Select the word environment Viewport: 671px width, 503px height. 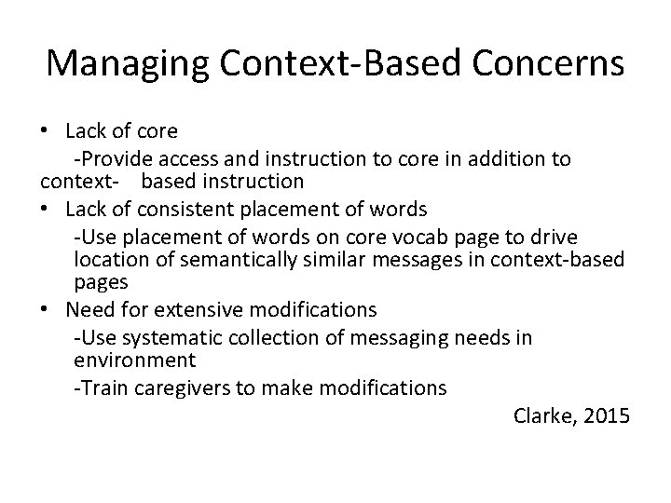133,360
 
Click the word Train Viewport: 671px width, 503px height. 102,387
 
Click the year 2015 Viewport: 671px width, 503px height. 608,415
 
